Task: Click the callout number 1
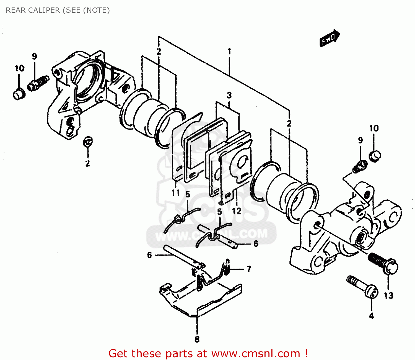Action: (229, 52)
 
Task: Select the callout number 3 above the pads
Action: (229, 95)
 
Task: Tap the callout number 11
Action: (176, 193)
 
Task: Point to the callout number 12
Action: (237, 211)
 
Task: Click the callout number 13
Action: (388, 295)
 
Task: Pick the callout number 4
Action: (371, 316)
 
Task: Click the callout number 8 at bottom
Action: (197, 339)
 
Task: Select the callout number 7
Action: (249, 269)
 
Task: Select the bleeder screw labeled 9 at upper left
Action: (38, 83)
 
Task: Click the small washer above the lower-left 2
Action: (88, 142)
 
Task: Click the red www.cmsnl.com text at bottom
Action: (256, 354)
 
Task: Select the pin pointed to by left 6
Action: (183, 256)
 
